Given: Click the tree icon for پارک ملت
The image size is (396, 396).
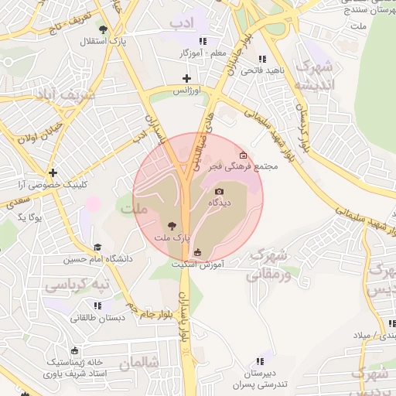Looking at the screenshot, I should point(172,226).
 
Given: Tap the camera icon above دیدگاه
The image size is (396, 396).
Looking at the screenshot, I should point(219,191).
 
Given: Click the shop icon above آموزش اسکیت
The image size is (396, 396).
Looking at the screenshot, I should point(197,252).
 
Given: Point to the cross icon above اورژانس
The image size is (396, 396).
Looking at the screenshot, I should point(186,78).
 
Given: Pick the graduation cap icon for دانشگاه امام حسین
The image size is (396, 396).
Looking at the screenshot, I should point(97,247).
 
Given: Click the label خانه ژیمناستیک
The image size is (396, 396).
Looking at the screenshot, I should point(76,362).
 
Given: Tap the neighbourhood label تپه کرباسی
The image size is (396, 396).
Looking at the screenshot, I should point(77,285).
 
